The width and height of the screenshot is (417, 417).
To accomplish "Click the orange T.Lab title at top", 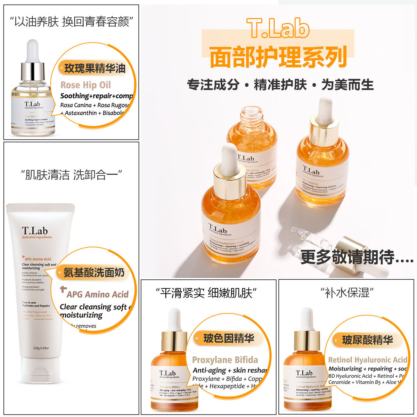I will coord(278,28).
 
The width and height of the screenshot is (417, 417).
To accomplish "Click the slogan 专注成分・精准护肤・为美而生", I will coord(280,85).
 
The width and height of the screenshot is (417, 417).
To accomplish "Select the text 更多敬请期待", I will coord(357,257).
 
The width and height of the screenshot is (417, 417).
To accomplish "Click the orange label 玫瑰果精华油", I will coord(95,68).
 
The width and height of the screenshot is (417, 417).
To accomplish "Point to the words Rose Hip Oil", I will coord(85,85).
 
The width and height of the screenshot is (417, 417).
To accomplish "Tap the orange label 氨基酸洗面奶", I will coord(93,273).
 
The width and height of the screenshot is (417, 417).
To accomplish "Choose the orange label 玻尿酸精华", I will coord(367,340).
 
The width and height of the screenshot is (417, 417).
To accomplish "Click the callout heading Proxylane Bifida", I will coord(225,360).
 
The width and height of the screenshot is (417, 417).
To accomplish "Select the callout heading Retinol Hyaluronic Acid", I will coord(367,360).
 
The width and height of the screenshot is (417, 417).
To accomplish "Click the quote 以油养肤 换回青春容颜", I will coord(72,22).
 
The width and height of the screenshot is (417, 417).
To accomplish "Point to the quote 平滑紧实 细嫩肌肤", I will coord(208,293).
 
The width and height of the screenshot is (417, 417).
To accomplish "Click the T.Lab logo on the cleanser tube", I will coord(34,231).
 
